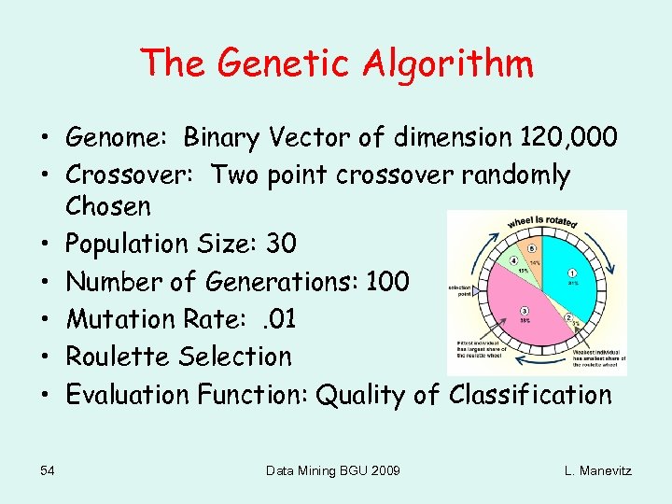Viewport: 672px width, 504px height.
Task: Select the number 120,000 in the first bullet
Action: click(x=565, y=137)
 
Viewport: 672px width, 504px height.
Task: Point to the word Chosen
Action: click(x=107, y=205)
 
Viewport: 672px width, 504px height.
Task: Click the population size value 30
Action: click(x=280, y=244)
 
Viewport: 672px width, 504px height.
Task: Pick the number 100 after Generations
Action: click(x=383, y=281)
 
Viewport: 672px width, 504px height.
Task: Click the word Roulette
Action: click(x=123, y=356)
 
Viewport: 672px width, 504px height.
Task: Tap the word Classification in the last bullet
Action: click(x=530, y=395)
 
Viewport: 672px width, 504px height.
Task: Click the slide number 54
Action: click(x=48, y=470)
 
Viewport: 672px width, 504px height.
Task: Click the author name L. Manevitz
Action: click(x=597, y=470)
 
